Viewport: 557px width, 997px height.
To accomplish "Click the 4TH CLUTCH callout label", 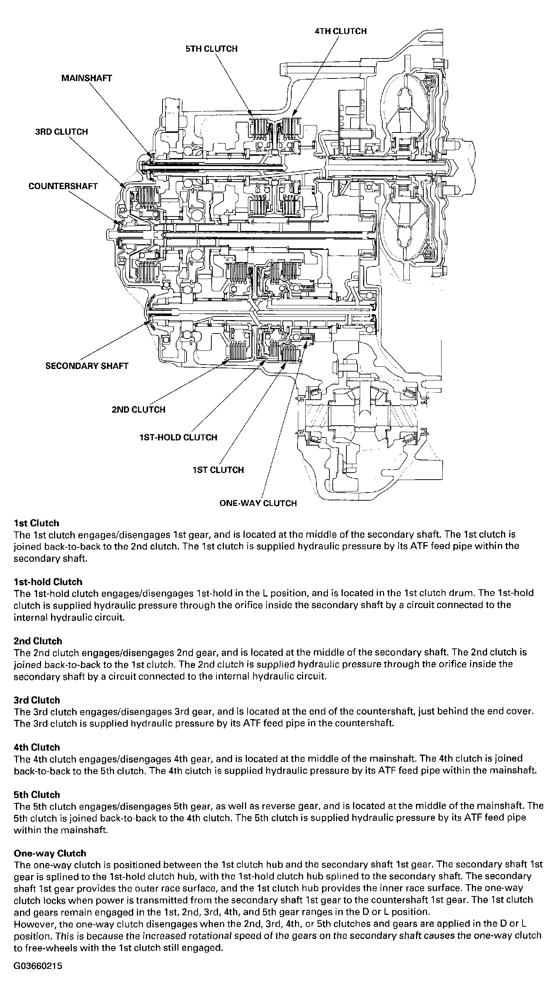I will (340, 31).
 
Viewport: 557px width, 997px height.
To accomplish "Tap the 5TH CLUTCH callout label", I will (211, 49).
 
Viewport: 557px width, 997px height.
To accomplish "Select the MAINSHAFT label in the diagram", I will (87, 78).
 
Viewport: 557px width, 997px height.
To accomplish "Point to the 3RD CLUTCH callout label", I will (61, 132).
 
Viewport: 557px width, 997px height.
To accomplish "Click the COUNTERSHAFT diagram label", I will (63, 186).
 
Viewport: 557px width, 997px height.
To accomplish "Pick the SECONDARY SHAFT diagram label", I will (87, 366).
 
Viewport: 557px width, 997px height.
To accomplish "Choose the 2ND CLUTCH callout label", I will (138, 409).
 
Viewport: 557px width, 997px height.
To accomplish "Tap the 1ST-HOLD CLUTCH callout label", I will (178, 437).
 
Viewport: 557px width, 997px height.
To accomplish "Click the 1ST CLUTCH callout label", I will (218, 470).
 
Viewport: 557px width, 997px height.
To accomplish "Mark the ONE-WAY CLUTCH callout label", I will (258, 503).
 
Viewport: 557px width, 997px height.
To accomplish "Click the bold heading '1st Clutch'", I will (36, 523).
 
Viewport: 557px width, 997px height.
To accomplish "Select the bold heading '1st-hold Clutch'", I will (48, 582).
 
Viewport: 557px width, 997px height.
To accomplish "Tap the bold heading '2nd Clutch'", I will (37, 641).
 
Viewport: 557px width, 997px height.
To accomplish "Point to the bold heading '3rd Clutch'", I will (37, 700).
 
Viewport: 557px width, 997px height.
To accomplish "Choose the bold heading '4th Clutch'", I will (37, 747).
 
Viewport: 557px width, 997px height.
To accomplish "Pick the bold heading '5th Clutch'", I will (37, 795).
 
